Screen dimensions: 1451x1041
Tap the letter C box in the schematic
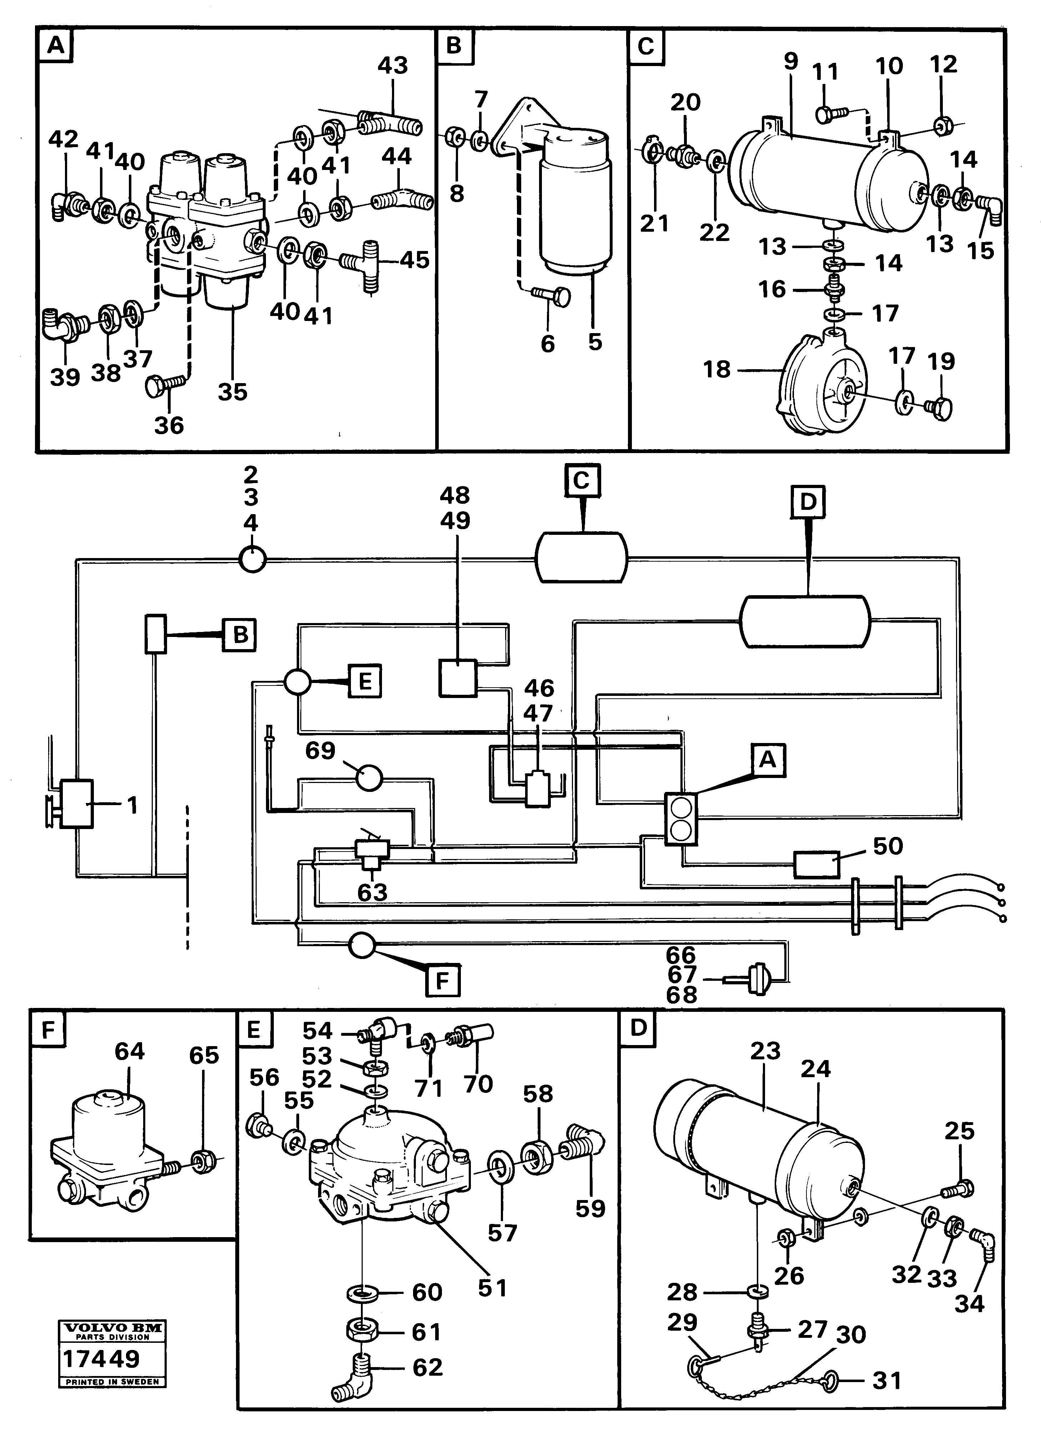click(582, 481)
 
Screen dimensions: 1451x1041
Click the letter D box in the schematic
click(808, 502)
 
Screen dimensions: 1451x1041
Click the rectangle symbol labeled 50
click(816, 864)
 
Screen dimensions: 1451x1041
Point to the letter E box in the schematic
click(365, 681)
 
